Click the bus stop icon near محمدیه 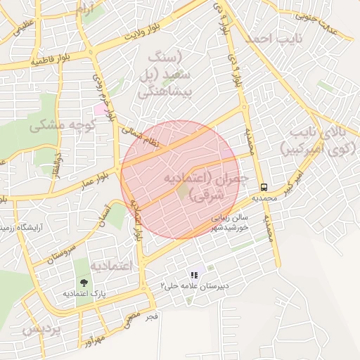tap(264, 188)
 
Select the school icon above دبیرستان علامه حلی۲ tap(194, 275)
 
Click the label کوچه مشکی tap(58, 127)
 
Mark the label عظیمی tap(23, 27)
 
